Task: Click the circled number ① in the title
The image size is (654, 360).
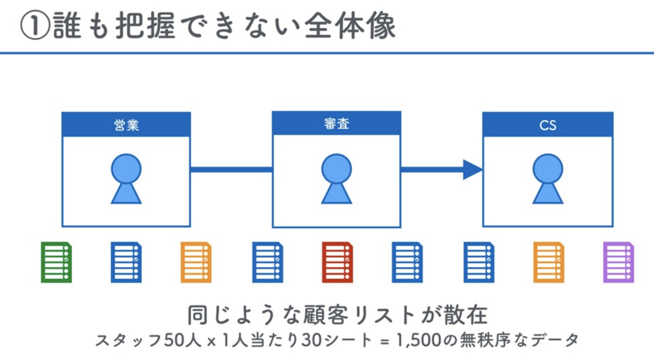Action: [x=35, y=26]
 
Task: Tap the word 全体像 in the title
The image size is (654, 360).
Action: [x=350, y=26]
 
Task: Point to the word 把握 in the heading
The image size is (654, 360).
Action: [x=146, y=26]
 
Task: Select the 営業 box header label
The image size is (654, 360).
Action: [x=126, y=125]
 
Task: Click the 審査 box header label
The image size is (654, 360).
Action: [x=337, y=124]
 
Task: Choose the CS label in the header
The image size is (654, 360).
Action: [x=548, y=125]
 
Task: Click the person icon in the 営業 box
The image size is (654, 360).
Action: [x=126, y=179]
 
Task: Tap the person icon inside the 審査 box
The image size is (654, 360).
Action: [x=337, y=179]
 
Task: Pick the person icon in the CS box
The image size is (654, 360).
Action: [x=548, y=179]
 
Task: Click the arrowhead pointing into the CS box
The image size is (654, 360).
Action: [x=473, y=169]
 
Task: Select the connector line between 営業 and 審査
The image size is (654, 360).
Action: [x=231, y=169]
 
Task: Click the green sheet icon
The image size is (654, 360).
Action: [x=56, y=263]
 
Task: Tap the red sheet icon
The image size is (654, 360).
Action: [x=337, y=263]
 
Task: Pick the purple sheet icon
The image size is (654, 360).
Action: [x=619, y=263]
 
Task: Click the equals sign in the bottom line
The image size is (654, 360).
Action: [x=385, y=341]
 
